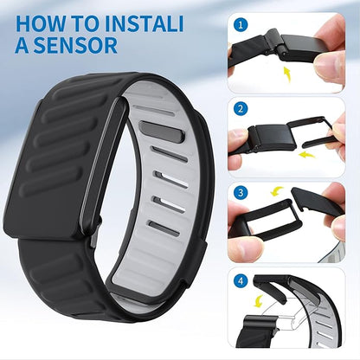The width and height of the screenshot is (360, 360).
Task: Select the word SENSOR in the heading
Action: pyautogui.click(x=78, y=45)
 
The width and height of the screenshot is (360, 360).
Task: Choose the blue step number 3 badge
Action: pyautogui.click(x=239, y=192)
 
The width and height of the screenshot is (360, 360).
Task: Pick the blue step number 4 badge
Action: pyautogui.click(x=239, y=280)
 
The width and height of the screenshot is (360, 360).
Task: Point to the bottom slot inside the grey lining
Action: pyautogui.click(x=164, y=228)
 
